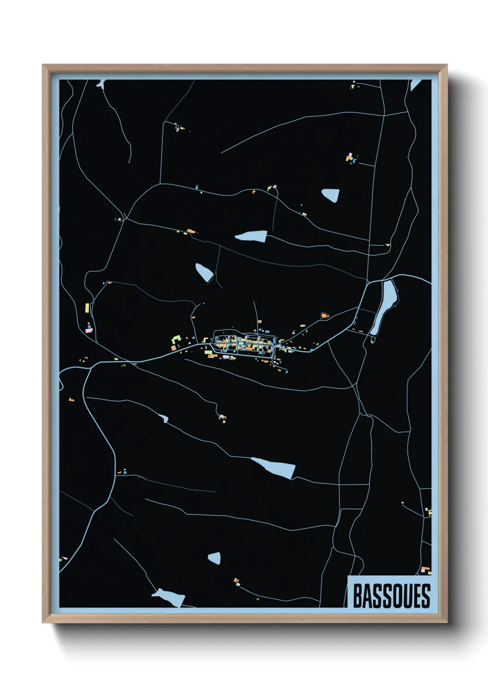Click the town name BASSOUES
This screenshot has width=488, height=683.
coord(391,596)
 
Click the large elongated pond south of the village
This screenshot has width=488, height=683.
coord(275,468)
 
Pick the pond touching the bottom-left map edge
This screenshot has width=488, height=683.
coord(170,597)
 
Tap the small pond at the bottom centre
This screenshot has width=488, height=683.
coord(214,558)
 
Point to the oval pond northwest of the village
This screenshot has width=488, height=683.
coord(204,272)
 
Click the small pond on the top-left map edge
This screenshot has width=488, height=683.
coord(101,84)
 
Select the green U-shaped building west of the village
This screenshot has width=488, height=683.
coord(176,340)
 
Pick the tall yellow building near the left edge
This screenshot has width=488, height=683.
coord(87,308)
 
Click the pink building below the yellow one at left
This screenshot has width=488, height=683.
coord(89,330)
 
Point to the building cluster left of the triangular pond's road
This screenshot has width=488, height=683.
coord(352,158)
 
